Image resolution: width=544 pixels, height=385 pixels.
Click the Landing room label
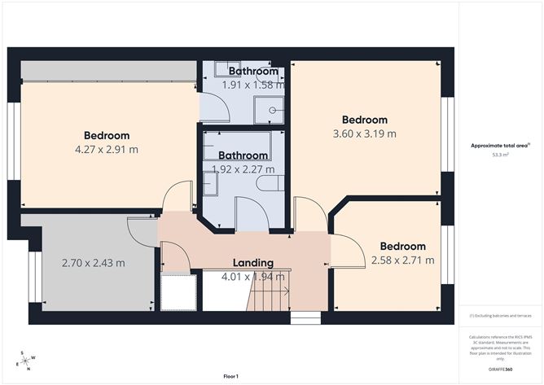(252, 263)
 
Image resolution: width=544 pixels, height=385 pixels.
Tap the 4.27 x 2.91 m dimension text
(107, 150)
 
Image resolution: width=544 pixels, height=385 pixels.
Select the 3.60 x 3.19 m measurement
(364, 133)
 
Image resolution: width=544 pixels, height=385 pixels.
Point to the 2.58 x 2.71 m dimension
(402, 260)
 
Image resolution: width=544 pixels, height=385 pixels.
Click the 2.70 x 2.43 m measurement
(94, 263)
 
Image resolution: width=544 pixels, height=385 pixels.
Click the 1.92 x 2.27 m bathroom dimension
(243, 169)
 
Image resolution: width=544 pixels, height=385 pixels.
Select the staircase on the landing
(267, 293)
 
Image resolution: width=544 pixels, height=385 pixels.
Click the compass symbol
(26, 361)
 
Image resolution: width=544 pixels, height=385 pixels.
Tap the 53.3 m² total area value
(500, 154)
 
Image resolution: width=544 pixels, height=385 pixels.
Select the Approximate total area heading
(499, 146)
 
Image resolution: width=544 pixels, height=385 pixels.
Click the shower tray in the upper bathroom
(270, 108)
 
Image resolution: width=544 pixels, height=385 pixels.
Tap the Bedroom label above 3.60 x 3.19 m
(364, 120)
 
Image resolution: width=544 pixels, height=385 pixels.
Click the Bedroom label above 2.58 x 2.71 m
(402, 247)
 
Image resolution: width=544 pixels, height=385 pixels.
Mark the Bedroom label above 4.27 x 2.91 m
(107, 136)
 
